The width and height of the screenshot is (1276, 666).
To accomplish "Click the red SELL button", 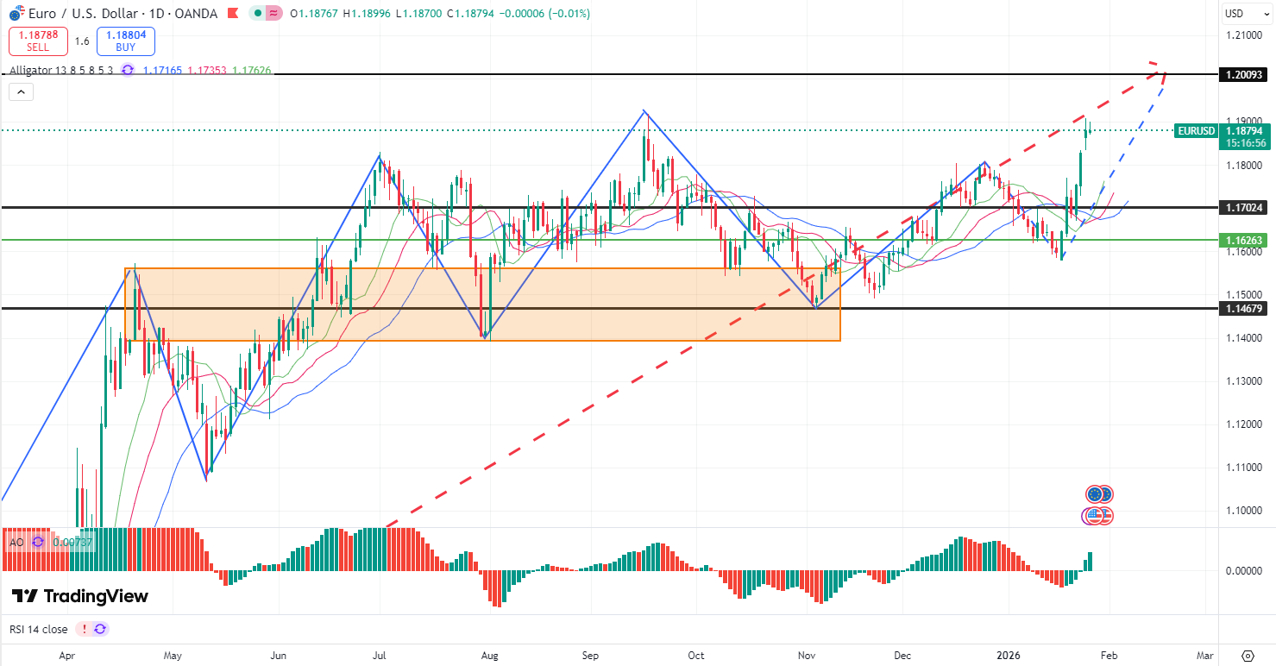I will point(38,41).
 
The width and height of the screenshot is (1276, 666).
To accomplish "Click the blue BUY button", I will point(126,41).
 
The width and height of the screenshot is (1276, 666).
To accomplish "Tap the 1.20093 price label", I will point(1243,75).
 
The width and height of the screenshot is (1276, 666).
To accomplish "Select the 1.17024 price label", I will point(1243,208).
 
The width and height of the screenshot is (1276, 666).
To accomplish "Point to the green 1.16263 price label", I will point(1243,240).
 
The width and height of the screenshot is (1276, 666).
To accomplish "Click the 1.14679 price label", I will point(1243,308).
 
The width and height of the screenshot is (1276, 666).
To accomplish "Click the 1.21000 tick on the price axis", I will point(1244,35).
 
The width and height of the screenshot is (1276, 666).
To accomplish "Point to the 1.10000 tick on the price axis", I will point(1244,511).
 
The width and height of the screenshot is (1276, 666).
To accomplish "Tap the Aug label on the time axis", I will point(489,656).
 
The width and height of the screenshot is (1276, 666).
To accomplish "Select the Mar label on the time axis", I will point(1205,656).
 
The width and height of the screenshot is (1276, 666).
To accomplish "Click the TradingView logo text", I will point(80,596).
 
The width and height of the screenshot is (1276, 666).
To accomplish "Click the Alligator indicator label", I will point(60,70).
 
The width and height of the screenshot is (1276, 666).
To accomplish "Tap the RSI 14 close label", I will point(39,629).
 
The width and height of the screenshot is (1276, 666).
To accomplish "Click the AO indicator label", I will point(16,542).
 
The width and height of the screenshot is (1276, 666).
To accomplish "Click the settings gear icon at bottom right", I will point(1248,656).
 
